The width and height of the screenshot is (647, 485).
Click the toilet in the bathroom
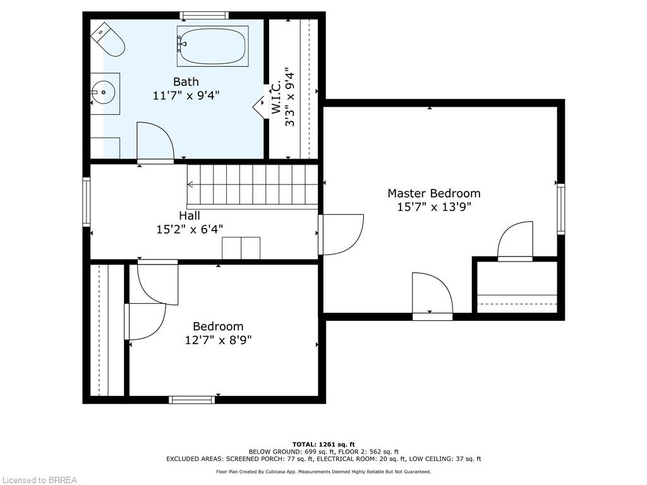click(108, 39)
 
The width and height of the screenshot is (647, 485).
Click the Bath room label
click(186, 81)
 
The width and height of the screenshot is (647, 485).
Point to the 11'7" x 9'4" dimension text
click(186, 95)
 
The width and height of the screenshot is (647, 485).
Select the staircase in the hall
click(253, 185)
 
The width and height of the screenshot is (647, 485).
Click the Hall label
click(189, 216)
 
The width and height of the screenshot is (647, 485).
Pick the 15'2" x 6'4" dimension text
click(189, 229)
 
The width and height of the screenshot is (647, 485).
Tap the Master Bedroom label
click(433, 193)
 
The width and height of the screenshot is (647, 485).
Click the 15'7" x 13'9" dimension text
click(433, 207)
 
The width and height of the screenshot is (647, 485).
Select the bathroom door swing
click(155, 142)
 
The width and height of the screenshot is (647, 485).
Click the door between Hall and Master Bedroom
click(341, 234)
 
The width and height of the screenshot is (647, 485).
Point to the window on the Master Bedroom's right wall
click(560, 209)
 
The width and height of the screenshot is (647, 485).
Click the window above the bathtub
click(203, 15)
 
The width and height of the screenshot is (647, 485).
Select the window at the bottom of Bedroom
click(191, 399)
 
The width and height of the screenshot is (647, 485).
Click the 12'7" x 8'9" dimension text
click(218, 340)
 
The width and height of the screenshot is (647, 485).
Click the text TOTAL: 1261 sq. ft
click(323, 445)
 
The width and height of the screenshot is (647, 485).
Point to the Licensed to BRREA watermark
click(39, 480)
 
